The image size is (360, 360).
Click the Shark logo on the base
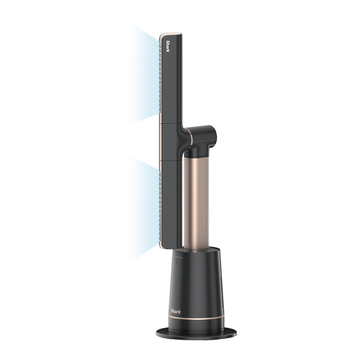tap(176, 311)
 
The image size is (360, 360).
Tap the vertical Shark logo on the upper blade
tap(168, 46)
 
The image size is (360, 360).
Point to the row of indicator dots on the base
tap(179, 257)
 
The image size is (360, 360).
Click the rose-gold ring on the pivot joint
tap(190, 140)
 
